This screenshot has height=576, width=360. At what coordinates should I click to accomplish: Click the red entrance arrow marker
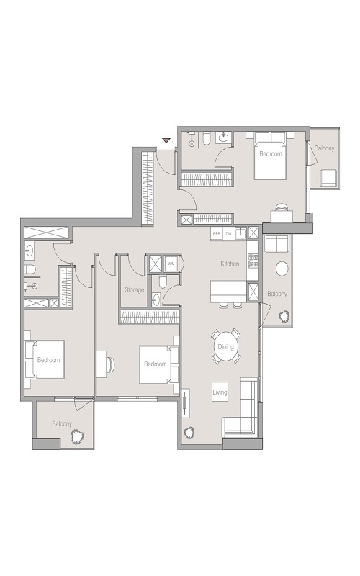point(166,140)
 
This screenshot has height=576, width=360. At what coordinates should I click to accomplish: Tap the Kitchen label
point(230,264)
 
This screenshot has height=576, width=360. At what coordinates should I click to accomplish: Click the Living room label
point(220,392)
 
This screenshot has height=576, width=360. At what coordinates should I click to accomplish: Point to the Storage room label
point(134,289)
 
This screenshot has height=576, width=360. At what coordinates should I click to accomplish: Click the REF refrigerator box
point(216,233)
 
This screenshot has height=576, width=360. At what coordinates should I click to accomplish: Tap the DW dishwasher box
point(228,233)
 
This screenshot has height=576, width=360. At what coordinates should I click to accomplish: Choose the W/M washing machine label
point(171,264)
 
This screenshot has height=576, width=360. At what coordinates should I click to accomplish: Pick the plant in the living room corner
point(190,433)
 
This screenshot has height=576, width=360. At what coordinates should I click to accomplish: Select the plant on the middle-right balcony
point(284,315)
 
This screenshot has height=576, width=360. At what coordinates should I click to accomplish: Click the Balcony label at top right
point(323,148)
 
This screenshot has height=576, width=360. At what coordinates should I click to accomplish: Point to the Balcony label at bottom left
point(61,424)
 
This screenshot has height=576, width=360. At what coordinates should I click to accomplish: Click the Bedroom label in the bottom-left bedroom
point(48,359)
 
